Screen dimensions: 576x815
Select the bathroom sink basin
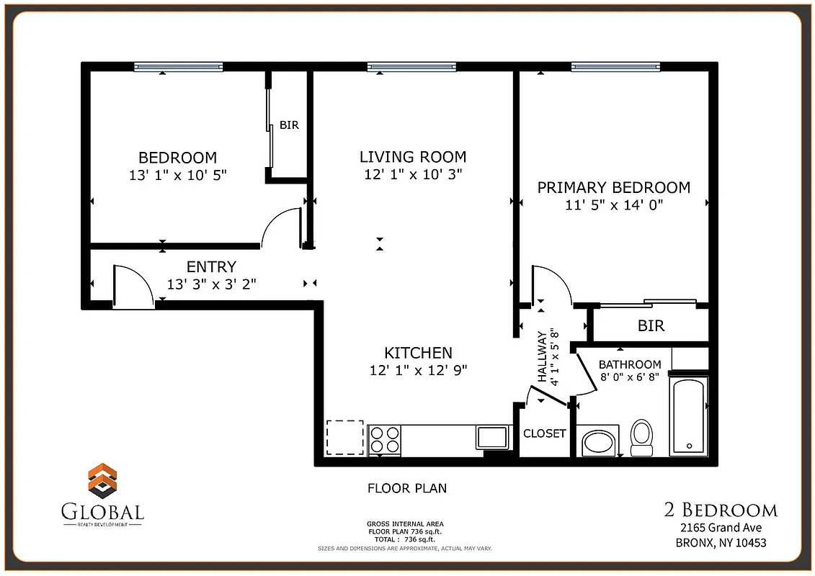(598, 442)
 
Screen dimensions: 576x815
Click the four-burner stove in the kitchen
(385, 439)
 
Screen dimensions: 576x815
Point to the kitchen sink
(492, 437)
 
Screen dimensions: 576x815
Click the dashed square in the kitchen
(344, 438)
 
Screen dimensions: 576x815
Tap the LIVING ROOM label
(413, 157)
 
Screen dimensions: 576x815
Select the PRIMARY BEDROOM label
(614, 188)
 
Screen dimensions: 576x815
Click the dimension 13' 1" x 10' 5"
(177, 175)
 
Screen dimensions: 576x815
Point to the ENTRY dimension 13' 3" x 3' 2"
(211, 284)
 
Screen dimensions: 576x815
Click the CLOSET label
(544, 433)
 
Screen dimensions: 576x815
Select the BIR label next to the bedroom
(289, 125)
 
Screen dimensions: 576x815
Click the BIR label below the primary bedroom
(651, 326)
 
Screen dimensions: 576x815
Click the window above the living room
(412, 67)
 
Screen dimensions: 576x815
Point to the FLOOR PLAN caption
(407, 488)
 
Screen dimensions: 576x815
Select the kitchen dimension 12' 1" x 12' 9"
(418, 371)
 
